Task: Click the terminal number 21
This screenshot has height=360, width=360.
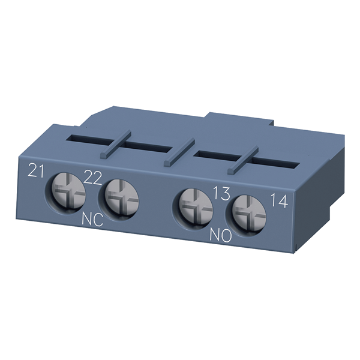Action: coord(35,170)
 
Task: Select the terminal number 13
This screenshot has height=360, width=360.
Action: coord(221,193)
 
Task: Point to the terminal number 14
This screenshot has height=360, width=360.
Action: coord(279,200)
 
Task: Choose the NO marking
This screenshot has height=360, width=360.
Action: coord(221,235)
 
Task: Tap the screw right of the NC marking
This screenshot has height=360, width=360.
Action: coord(121,199)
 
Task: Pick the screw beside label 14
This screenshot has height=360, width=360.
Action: coord(249,215)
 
